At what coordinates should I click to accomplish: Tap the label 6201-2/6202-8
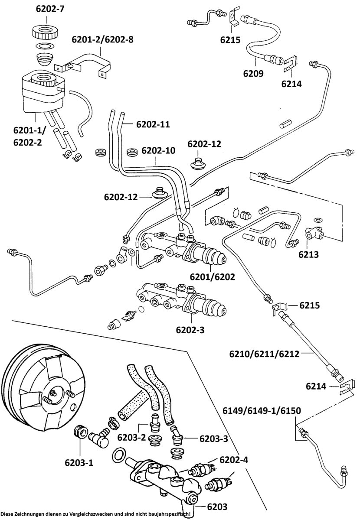tap(102, 40)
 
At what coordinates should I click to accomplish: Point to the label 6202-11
tap(153, 124)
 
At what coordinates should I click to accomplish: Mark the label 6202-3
tap(190, 330)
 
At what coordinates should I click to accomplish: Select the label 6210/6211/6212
tap(264, 354)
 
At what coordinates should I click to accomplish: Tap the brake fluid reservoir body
tap(41, 93)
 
